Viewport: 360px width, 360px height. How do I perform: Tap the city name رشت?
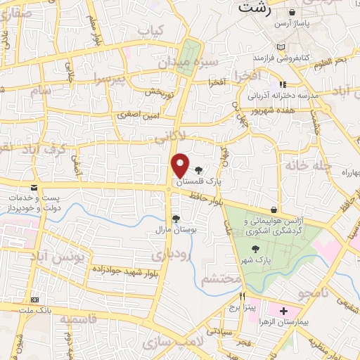255,8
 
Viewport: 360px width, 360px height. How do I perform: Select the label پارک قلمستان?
198,181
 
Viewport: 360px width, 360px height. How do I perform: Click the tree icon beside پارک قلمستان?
198,169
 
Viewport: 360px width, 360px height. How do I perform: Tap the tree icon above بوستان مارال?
176,219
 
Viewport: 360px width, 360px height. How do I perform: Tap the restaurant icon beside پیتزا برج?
243,297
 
